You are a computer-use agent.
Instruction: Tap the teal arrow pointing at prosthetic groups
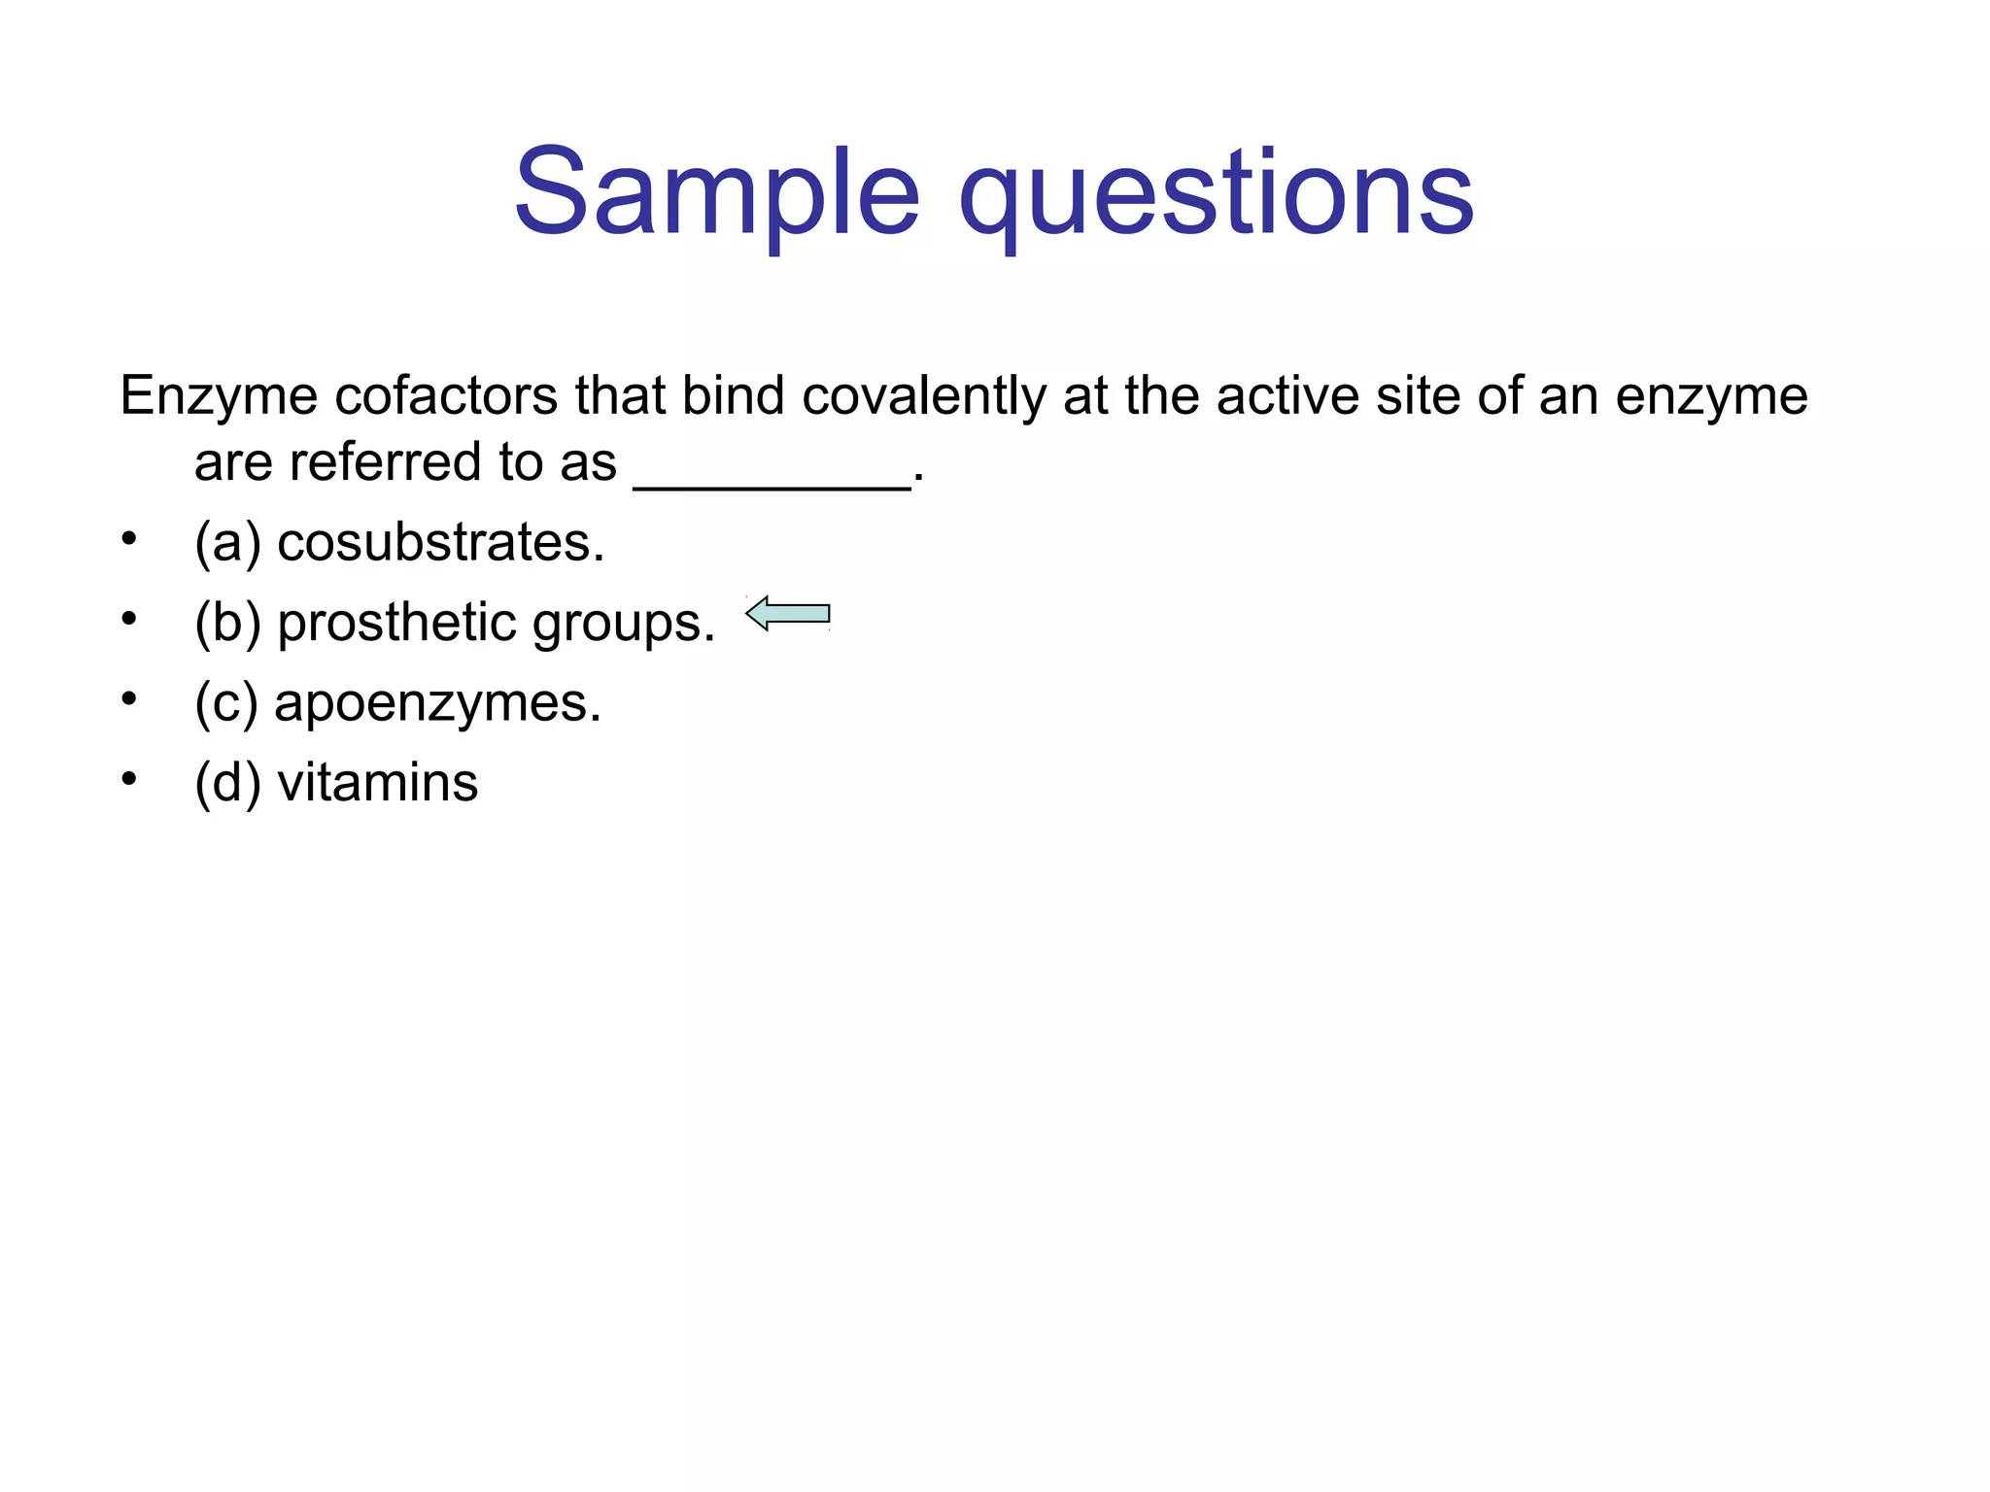pos(788,614)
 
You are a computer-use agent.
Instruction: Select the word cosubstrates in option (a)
pos(440,542)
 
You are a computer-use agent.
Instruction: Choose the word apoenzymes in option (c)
pos(437,704)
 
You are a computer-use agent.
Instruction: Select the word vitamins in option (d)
pos(378,783)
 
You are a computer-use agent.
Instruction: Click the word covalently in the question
pos(923,397)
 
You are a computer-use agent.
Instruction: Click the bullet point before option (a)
pos(129,539)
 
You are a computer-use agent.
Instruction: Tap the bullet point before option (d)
pos(129,779)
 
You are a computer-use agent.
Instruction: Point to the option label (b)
pos(227,624)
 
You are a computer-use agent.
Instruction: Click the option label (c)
pos(226,704)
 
